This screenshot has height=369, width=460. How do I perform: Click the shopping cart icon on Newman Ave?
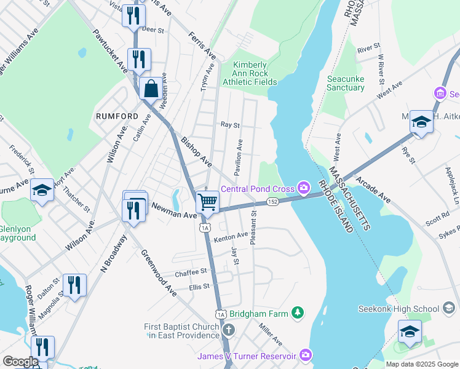[x=208, y=202]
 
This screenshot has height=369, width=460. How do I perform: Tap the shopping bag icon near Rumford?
[x=151, y=89]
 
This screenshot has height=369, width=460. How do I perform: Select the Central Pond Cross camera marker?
[x=303, y=188]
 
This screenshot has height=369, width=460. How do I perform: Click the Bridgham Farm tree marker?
[x=298, y=314]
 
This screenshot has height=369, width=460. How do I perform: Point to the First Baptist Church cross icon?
[x=228, y=330]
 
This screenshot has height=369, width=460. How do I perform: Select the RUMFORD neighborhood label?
[x=117, y=116]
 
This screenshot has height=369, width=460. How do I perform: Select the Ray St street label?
[x=230, y=124]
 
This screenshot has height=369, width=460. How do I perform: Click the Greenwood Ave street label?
[x=159, y=272]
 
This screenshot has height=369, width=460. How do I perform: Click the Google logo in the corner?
[x=20, y=362]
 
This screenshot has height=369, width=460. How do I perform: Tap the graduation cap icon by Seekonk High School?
[x=410, y=331]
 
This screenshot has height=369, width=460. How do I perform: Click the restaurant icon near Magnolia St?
[x=74, y=285]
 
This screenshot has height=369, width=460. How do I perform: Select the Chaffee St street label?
[x=191, y=272]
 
